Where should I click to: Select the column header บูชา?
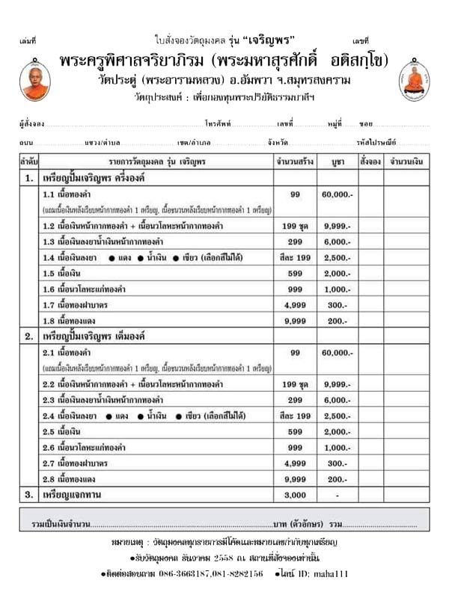(x=336, y=160)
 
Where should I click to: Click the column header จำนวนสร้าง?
(x=295, y=160)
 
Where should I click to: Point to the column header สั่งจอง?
(x=370, y=160)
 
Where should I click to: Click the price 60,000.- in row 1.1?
(x=337, y=194)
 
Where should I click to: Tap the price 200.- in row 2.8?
(x=337, y=479)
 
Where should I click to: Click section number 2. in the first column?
(x=28, y=337)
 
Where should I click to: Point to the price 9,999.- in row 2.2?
(x=337, y=384)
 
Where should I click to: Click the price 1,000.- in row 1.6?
(x=337, y=289)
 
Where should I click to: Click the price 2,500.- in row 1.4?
(x=337, y=257)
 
